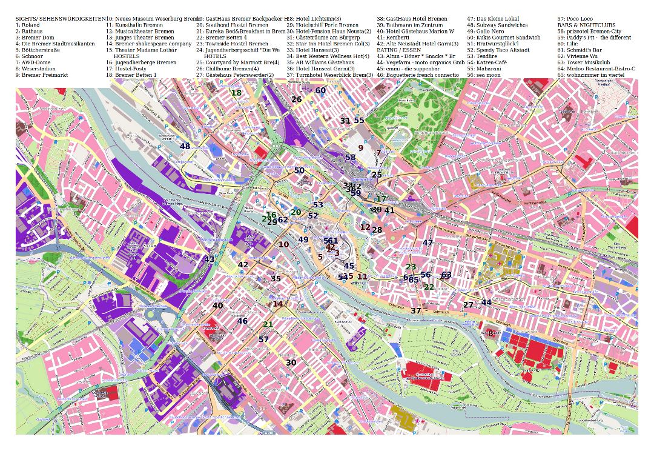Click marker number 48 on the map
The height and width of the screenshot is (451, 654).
pyautogui.click(x=185, y=146)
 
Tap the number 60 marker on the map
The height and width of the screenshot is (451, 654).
pyautogui.click(x=320, y=90)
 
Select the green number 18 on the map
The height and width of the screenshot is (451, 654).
pyautogui.click(x=236, y=93)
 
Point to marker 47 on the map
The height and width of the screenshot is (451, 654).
pyautogui.click(x=428, y=243)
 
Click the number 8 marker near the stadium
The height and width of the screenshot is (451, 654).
pyautogui.click(x=490, y=333)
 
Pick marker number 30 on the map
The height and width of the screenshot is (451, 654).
pyautogui.click(x=291, y=362)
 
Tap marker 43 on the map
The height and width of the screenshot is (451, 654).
pyautogui.click(x=210, y=259)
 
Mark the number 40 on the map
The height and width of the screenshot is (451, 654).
pyautogui.click(x=217, y=306)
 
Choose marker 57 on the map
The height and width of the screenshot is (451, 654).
pyautogui.click(x=263, y=339)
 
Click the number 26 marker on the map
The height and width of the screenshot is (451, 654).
pyautogui.click(x=296, y=99)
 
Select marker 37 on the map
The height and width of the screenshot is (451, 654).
pyautogui.click(x=415, y=311)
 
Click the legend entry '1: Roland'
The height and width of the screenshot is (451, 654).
pyautogui.click(x=28, y=25)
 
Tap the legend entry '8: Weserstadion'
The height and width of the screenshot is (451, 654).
pyautogui.click(x=35, y=68)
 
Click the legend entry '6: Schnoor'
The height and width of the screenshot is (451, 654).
pyautogui.click(x=29, y=56)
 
